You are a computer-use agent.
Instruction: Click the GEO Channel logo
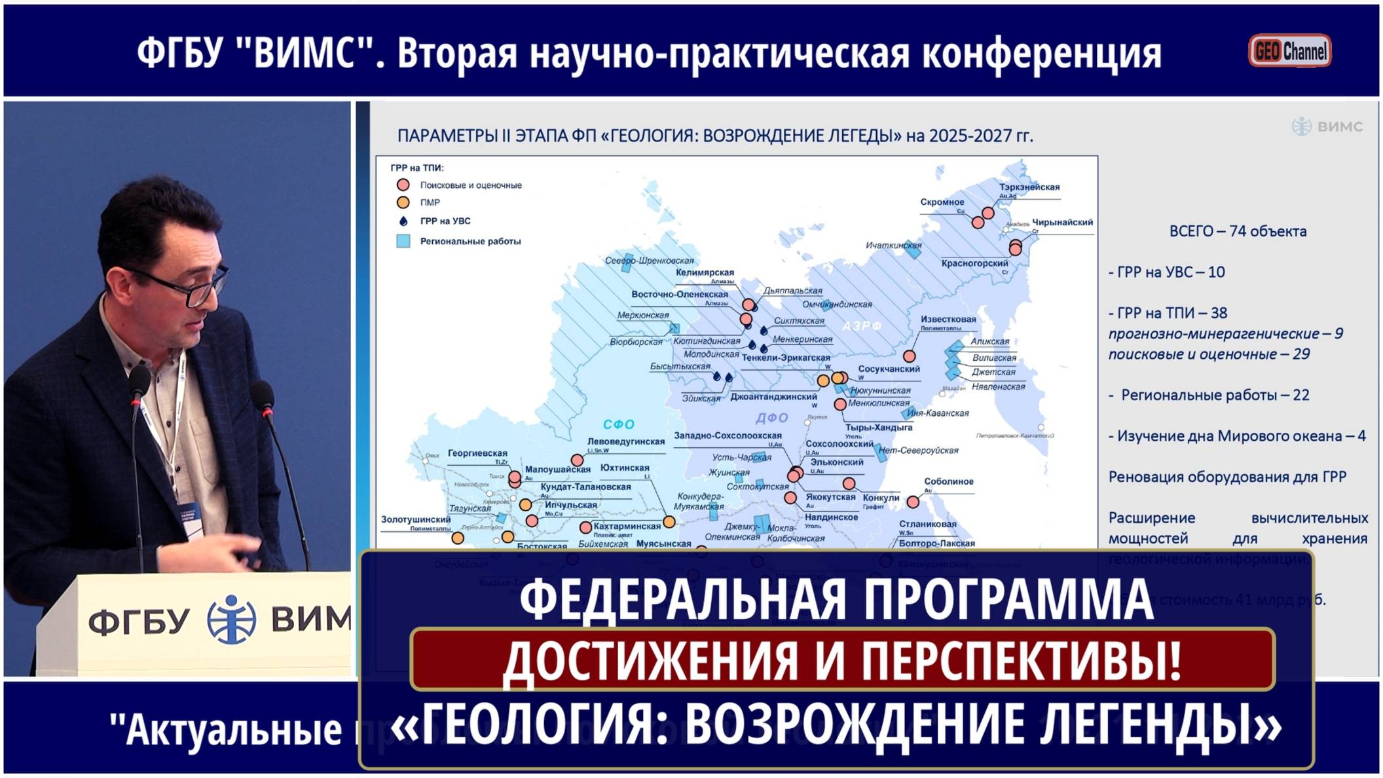click(1289, 50)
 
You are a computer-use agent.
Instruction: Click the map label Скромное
click(942, 202)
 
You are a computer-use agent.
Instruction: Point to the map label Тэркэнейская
click(1029, 187)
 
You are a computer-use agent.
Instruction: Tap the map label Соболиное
click(949, 481)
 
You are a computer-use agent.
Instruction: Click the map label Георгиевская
click(477, 453)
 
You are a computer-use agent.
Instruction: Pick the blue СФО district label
click(618, 424)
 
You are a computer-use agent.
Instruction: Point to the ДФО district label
click(771, 418)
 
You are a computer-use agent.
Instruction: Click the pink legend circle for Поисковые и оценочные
click(403, 185)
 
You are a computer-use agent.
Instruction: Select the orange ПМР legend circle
click(403, 202)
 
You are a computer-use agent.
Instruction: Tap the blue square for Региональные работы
click(403, 241)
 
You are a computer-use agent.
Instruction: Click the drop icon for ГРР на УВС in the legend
click(403, 221)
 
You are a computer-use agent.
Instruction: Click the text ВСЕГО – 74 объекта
click(1238, 231)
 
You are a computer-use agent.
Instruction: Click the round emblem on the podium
click(230, 619)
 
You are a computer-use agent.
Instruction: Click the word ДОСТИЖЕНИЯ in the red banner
click(651, 660)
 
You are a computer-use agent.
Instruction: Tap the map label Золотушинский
click(416, 519)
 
